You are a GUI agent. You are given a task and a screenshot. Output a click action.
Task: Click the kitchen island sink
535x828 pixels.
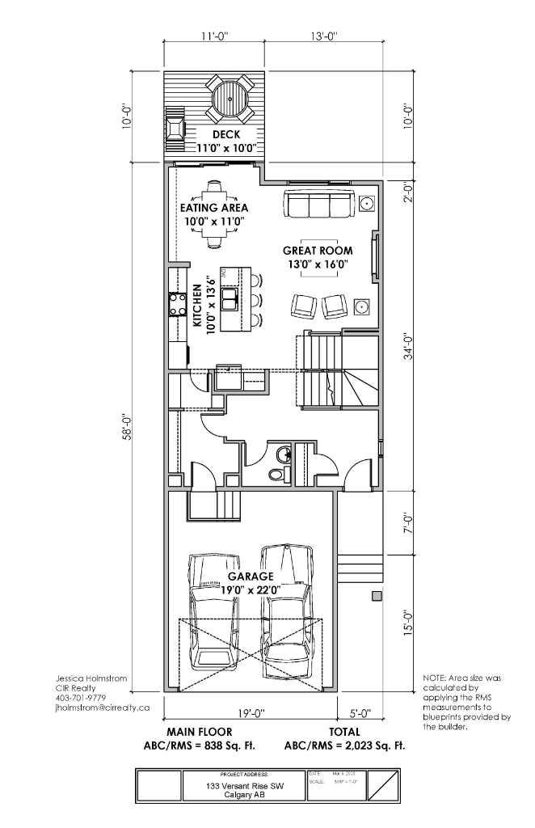231,298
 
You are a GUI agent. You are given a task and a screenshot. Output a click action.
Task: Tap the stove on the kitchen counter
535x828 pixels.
177,303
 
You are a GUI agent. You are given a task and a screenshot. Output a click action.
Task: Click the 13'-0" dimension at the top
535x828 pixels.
322,36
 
